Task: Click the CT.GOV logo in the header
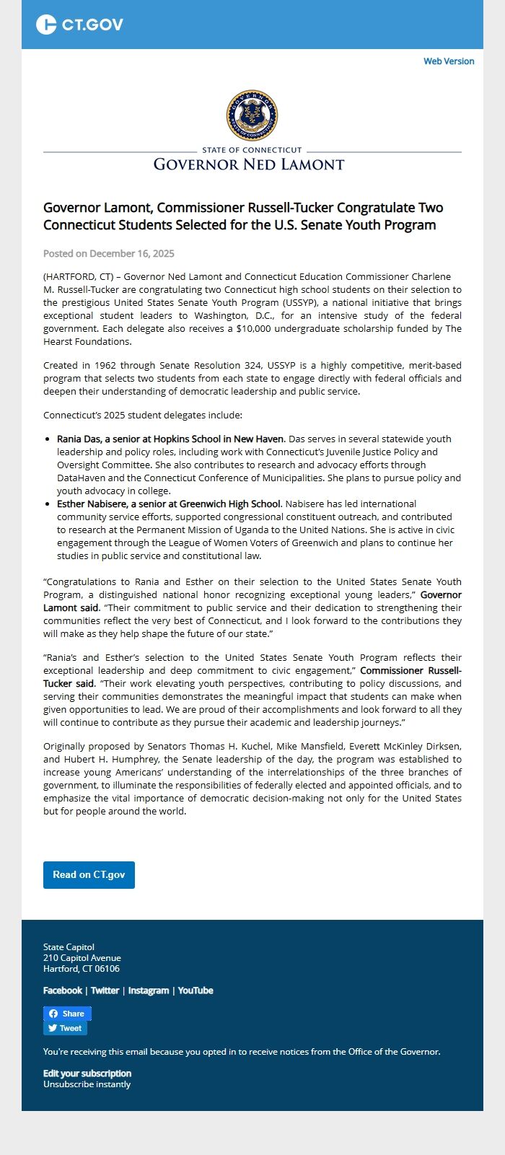[x=79, y=25]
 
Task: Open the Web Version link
[x=449, y=61]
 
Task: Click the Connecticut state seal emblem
[x=252, y=115]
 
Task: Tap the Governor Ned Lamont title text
[x=249, y=164]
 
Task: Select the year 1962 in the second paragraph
[x=107, y=365]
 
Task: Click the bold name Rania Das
[x=82, y=439]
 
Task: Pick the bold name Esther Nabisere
[x=92, y=504]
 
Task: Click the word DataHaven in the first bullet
[x=82, y=478]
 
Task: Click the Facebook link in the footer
[x=63, y=991]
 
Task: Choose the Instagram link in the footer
[x=149, y=991]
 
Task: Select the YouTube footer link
[x=196, y=991]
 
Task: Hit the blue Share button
[x=67, y=1014]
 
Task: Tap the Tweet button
[x=65, y=1028]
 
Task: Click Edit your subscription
[x=87, y=1073]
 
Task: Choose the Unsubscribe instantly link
[x=87, y=1084]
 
